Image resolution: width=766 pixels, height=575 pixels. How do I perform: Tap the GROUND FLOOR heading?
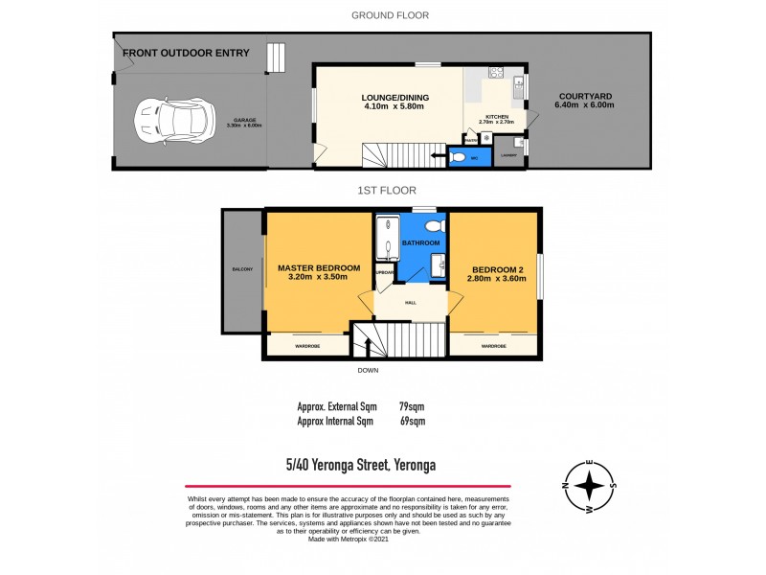point(390,15)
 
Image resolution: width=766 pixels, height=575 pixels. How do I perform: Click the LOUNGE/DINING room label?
point(394,97)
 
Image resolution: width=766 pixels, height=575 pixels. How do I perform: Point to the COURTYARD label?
point(585,97)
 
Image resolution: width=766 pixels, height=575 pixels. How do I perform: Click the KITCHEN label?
point(496,116)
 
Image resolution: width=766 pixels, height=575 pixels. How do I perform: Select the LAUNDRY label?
point(509,155)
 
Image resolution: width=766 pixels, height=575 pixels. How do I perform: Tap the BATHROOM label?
point(419,244)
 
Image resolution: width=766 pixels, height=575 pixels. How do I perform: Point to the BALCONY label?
point(242,270)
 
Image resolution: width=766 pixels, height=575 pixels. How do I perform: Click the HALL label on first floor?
point(410,303)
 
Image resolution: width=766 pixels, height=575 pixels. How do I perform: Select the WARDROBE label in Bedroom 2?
point(493,346)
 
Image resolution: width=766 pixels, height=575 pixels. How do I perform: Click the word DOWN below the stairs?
point(369,370)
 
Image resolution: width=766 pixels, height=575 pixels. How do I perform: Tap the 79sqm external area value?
point(412,405)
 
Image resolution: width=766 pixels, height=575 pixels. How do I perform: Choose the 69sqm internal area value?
point(412,421)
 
